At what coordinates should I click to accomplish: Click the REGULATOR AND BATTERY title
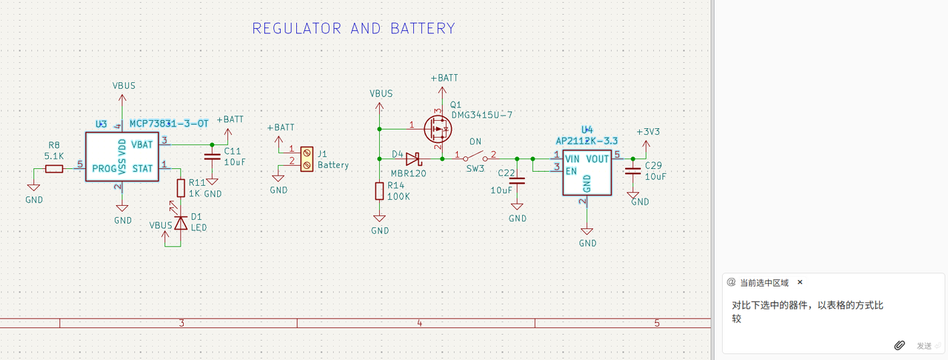pos(353,29)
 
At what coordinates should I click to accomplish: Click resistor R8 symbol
pos(54,169)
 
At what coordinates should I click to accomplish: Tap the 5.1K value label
pos(54,156)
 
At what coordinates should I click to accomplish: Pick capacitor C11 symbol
pos(213,156)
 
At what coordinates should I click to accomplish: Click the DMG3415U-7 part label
pos(481,115)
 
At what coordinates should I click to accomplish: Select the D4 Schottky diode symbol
pos(413,159)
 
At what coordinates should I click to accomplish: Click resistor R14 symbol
pos(380,191)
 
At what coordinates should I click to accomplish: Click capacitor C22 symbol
pos(518,180)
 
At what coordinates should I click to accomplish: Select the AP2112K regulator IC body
pos(587,173)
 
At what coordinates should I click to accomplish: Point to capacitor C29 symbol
pos(633,171)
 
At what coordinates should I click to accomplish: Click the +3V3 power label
pos(648,132)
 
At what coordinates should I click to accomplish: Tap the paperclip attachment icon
pos(900,345)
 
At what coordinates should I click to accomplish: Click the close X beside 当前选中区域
pos(800,282)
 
